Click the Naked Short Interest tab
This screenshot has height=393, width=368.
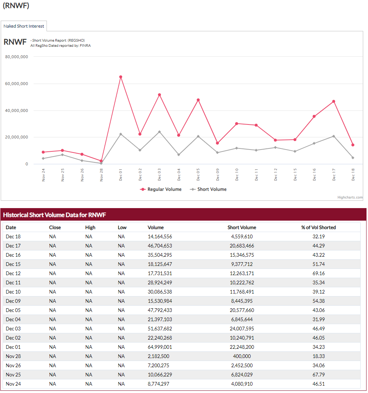(24, 26)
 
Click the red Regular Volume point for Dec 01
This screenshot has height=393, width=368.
(121, 77)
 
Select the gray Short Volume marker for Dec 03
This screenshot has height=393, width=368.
(159, 132)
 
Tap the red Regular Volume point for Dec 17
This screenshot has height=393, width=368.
(334, 102)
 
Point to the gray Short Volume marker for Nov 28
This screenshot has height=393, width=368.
(101, 164)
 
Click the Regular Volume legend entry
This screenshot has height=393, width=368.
(161, 189)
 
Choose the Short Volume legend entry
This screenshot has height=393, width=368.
(208, 189)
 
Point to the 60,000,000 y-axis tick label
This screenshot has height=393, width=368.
(17, 84)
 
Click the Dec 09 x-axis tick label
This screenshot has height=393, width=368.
(217, 175)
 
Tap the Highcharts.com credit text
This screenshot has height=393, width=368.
(350, 197)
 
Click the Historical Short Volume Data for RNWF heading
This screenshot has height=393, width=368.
(55, 215)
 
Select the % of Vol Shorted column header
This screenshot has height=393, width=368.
(319, 227)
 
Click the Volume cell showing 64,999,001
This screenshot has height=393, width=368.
(160, 347)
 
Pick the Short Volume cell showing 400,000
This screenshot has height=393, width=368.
(242, 356)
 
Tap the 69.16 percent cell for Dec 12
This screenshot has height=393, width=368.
(319, 273)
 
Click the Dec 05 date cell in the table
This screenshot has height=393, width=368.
(13, 310)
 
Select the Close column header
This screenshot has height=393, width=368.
(55, 227)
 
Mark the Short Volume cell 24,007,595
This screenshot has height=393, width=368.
(242, 329)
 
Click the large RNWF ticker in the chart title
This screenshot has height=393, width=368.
(15, 42)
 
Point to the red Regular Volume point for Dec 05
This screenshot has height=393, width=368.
(198, 100)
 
